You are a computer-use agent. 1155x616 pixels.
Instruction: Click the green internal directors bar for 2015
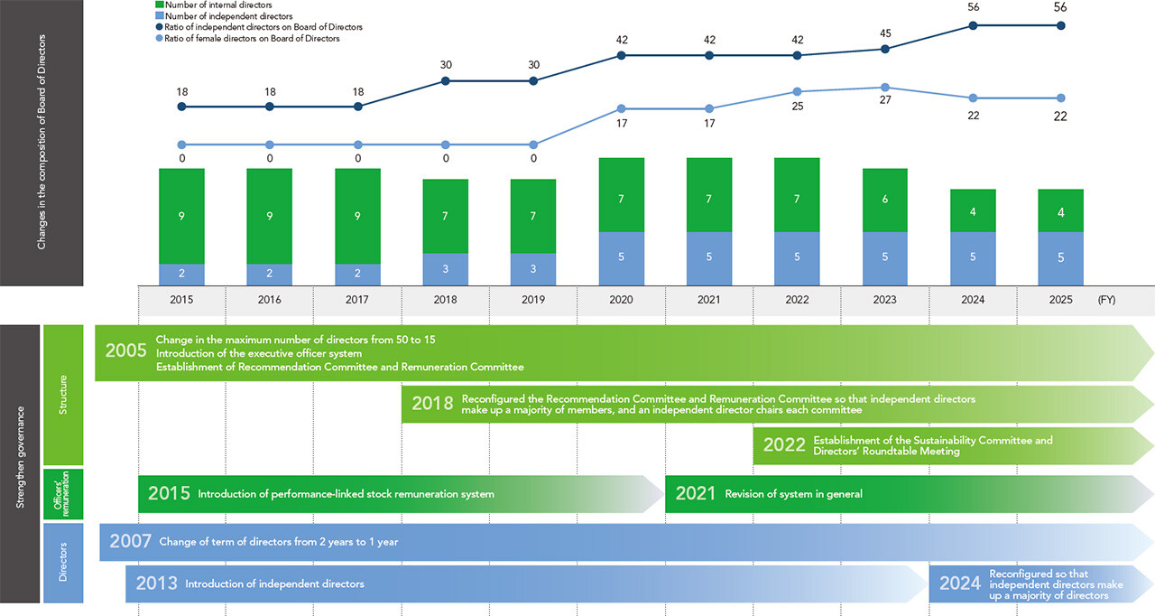coord(181,216)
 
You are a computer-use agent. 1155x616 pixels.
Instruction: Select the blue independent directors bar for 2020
coord(621,258)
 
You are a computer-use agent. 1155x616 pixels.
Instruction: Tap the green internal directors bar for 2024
coord(973,210)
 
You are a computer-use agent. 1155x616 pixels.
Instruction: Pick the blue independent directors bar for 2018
coord(446,269)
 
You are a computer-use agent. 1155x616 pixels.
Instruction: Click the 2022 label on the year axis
coord(797,300)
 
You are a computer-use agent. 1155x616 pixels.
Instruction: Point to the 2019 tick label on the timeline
coord(532,300)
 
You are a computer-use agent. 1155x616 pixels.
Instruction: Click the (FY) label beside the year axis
coord(1106,300)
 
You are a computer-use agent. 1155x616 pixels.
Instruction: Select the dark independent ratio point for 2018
coord(446,81)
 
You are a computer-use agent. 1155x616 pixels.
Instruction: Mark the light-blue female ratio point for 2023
coord(885,88)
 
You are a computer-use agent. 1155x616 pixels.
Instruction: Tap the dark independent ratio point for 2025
coord(1061,25)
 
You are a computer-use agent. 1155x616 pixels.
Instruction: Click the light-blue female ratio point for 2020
coord(621,109)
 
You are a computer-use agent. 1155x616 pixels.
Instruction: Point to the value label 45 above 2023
coord(885,34)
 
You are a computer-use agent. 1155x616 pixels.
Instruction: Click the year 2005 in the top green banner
coord(125,351)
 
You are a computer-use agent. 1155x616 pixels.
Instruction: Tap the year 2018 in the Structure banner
coord(432,404)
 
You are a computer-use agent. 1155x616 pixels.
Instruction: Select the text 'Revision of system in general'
coord(793,494)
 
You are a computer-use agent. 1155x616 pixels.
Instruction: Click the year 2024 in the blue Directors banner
coord(960,583)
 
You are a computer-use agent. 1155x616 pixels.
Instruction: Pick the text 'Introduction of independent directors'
coord(274,584)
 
